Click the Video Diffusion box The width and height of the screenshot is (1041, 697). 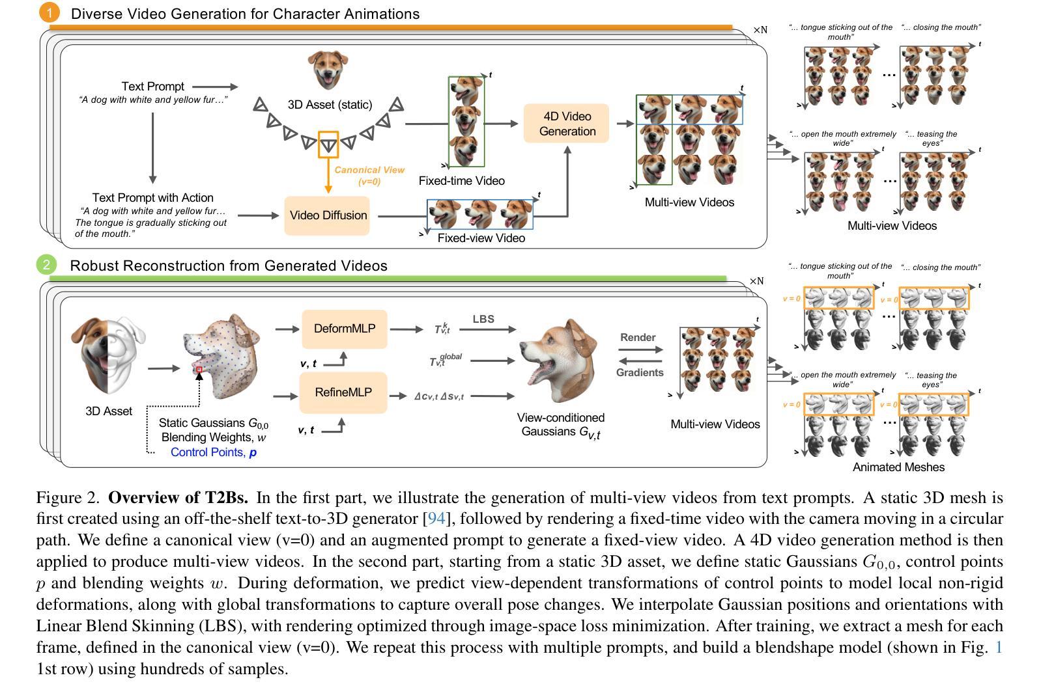pos(328,215)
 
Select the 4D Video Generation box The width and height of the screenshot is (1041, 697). pos(567,124)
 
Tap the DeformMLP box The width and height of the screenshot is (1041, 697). pos(345,329)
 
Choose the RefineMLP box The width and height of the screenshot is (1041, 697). pos(343,392)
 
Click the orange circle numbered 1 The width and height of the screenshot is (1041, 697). pos(49,12)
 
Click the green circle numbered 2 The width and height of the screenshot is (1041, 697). pos(46,264)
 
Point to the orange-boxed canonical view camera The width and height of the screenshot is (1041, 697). pos(328,144)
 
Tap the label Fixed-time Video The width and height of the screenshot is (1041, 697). pos(461,181)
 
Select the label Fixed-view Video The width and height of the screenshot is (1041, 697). pos(481,238)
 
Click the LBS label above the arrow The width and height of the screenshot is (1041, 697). pos(483,319)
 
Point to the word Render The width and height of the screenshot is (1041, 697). pos(638,337)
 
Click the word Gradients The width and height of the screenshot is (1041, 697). pos(640,372)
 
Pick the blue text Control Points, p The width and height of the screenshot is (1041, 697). pos(214,452)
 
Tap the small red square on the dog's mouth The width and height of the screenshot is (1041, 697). pos(199,370)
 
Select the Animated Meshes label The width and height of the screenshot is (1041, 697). pos(898,467)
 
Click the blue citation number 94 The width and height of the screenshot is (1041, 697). pos(436,519)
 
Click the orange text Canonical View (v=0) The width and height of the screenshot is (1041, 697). pos(369,176)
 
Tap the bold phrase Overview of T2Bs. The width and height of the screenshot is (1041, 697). pos(178,498)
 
